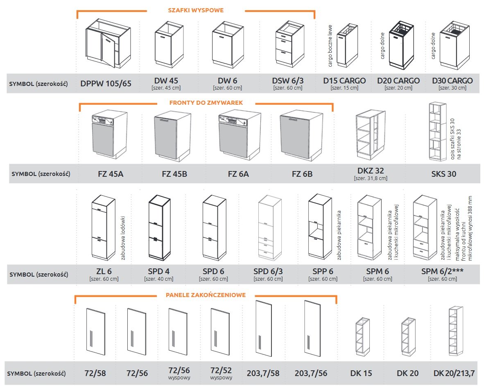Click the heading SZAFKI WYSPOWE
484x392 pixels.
click(x=196, y=10)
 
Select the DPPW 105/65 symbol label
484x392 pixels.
click(x=106, y=83)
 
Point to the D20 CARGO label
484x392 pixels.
click(x=398, y=81)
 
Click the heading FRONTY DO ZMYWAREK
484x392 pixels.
click(x=206, y=103)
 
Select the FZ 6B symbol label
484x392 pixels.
click(x=302, y=174)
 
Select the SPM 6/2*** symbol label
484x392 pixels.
click(x=442, y=271)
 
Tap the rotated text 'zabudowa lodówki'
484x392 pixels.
click(x=122, y=238)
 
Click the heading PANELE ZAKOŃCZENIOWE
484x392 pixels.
click(x=206, y=295)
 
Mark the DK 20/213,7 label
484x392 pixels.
click(x=454, y=373)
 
